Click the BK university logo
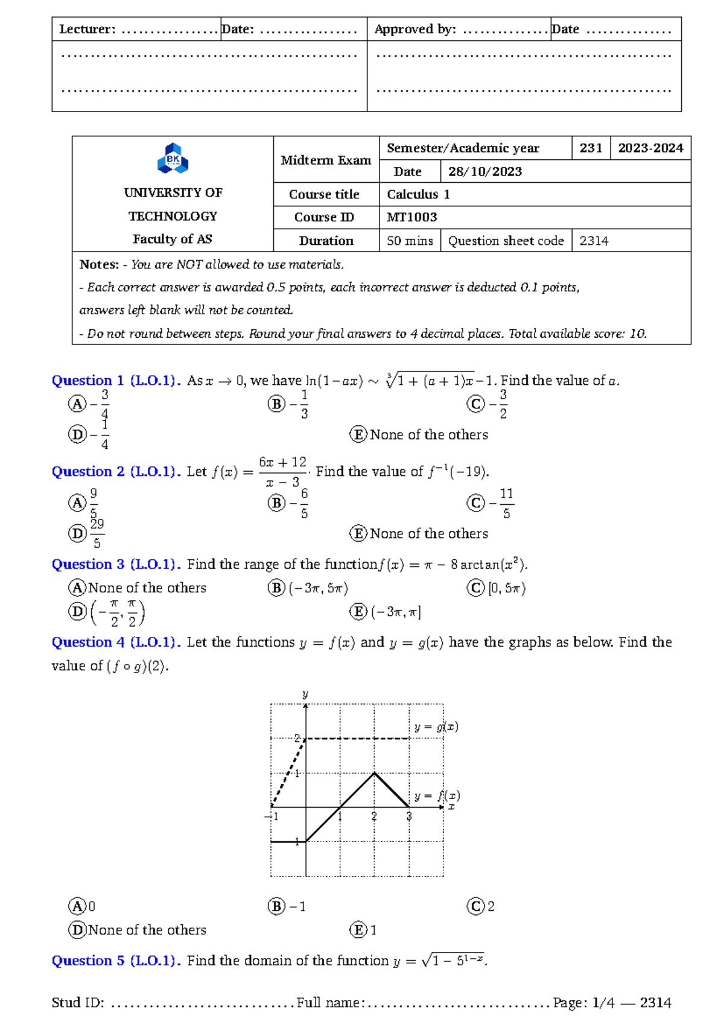173,158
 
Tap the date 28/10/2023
485,171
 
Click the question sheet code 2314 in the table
594,241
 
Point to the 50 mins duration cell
410,241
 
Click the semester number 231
591,148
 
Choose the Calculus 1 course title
418,194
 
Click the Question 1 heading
87,381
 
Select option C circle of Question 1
475,404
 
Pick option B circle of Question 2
276,502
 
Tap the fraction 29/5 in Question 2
97,533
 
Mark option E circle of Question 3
358,612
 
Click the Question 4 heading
87,642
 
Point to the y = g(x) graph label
436,727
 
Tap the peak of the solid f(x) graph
375,773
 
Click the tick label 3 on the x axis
409,817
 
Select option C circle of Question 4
475,906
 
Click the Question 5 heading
87,960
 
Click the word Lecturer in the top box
86,29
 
